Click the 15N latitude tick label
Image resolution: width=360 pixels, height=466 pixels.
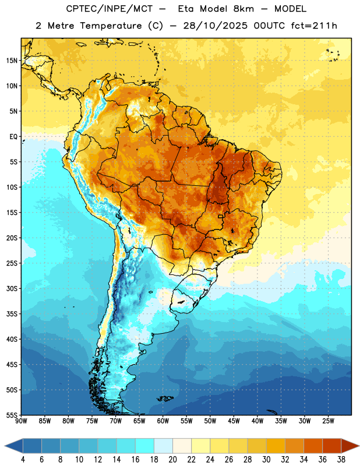point(12,61)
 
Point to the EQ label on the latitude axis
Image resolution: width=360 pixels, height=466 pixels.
point(13,137)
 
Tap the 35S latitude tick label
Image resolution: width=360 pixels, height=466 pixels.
point(12,314)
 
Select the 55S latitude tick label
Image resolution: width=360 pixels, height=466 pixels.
point(12,415)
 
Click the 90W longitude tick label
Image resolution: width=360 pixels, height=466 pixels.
point(21,421)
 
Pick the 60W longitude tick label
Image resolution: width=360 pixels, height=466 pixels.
point(163,421)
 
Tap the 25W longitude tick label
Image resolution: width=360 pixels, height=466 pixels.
point(328,421)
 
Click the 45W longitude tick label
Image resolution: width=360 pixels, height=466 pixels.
point(234,421)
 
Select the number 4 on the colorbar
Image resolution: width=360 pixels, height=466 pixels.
point(23,460)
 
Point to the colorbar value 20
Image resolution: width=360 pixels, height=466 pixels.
point(172,460)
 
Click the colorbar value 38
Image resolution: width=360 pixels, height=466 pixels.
point(341,460)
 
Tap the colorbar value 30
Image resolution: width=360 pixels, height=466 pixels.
point(266,460)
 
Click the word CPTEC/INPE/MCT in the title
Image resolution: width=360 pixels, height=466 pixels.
point(109,9)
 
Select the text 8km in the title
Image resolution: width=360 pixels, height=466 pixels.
point(243,9)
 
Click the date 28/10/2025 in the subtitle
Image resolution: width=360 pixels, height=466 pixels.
point(215,26)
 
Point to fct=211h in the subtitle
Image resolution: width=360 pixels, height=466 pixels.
point(314,26)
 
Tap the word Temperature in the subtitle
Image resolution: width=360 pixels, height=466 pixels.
point(111,26)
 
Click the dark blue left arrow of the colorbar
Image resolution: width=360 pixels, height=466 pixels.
point(13,447)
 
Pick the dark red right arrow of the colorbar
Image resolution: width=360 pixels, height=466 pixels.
point(351,447)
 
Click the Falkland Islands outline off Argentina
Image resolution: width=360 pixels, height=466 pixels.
point(165,398)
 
